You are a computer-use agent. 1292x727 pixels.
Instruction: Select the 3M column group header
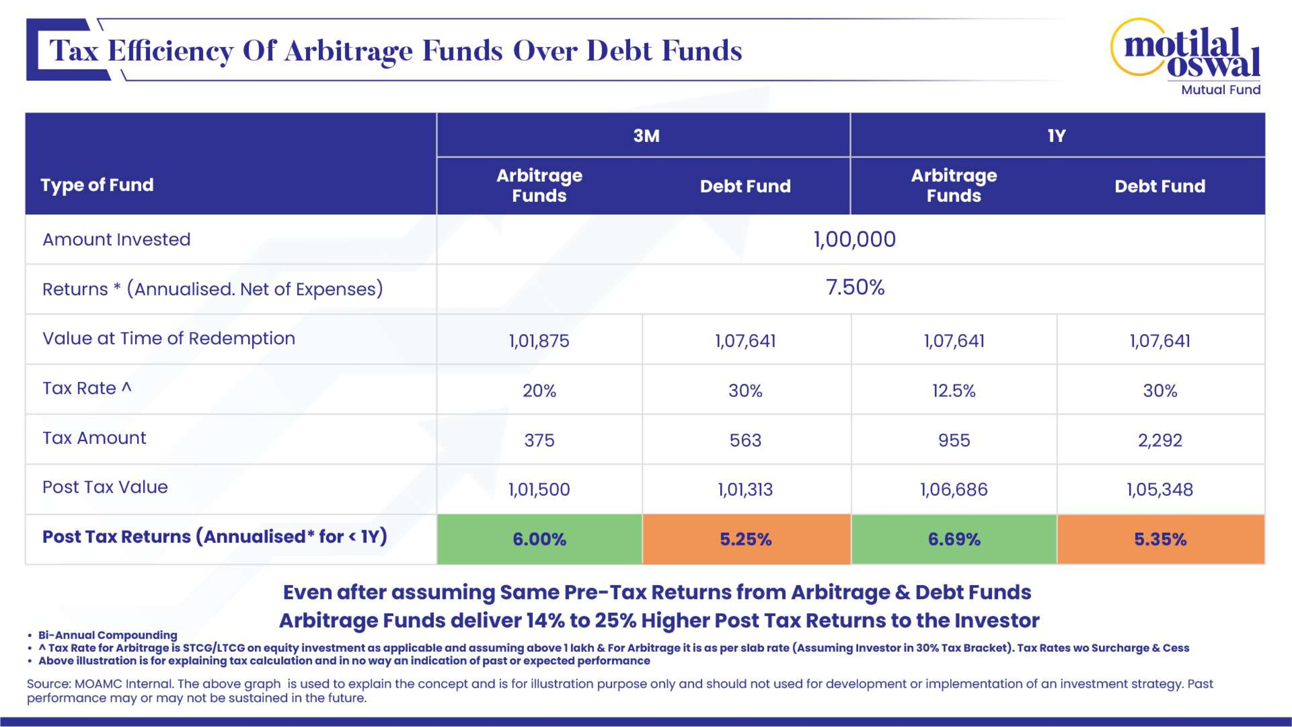pos(646,135)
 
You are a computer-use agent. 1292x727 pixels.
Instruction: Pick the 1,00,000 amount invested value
pos(854,239)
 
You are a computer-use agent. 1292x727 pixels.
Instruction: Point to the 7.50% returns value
pos(855,288)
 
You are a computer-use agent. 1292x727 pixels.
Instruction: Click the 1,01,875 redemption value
pos(539,341)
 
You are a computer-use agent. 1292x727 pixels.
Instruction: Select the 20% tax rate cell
pos(539,390)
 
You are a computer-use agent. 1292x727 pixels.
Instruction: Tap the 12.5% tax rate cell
pos(953,390)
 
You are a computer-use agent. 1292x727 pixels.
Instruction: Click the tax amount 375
pos(539,440)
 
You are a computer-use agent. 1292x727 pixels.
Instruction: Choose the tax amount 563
pos(745,440)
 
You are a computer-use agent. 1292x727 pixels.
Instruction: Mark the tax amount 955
pos(953,440)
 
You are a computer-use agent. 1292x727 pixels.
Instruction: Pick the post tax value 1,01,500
pos(539,489)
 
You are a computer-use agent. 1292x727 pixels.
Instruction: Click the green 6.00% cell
pos(539,539)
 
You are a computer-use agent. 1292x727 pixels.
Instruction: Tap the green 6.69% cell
pos(953,539)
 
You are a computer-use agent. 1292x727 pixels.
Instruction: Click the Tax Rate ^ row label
pos(87,388)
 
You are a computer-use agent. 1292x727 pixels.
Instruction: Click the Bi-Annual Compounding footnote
pos(108,635)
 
